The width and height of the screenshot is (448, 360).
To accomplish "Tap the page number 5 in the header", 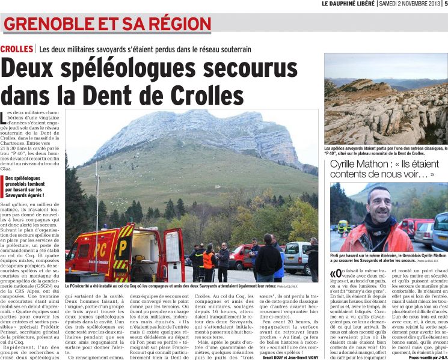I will tap(444, 4).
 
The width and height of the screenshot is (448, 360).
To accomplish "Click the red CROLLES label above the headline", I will tap(17, 49).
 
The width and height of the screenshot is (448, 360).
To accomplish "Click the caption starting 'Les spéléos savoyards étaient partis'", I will tap(385, 150).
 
